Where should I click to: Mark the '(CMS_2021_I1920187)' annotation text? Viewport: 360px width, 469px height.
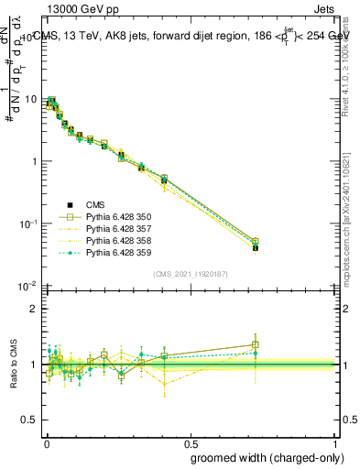191,274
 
